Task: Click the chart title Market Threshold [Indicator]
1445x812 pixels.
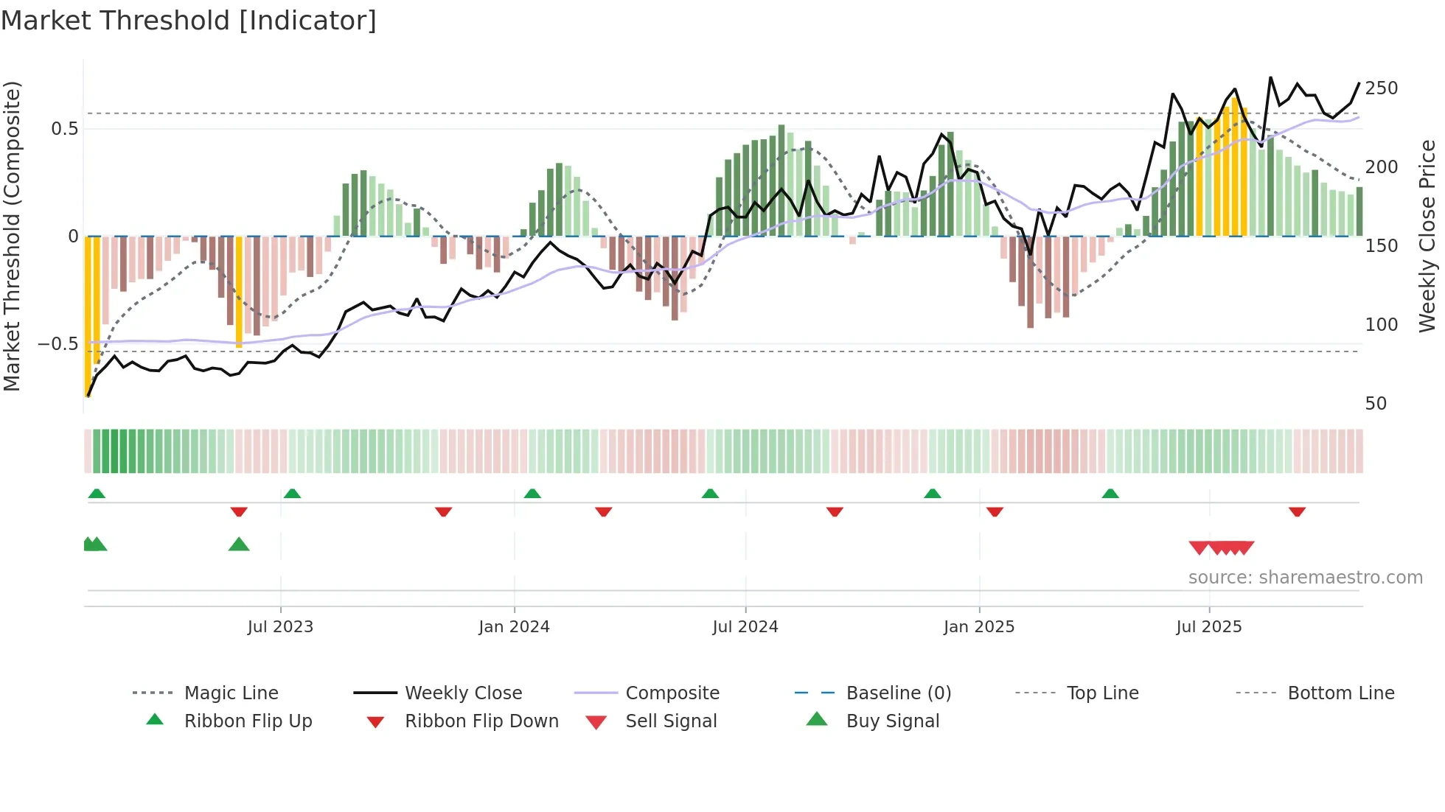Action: coord(189,21)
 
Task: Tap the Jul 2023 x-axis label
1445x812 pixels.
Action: coord(280,627)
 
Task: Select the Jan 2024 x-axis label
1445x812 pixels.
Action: coord(514,627)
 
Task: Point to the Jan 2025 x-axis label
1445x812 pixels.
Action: coord(979,627)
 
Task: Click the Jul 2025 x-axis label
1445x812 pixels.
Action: coord(1209,627)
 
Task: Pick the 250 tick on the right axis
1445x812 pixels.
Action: coord(1381,88)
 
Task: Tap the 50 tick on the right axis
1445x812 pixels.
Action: coord(1376,404)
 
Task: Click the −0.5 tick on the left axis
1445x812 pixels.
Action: coord(58,344)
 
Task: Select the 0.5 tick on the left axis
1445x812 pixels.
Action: coord(64,129)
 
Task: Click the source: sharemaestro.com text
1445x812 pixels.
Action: coord(1305,578)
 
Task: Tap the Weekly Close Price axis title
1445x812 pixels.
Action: coord(1427,236)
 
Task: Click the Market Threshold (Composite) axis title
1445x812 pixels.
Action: coord(12,236)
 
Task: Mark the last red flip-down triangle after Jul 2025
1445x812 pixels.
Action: coord(1297,511)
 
